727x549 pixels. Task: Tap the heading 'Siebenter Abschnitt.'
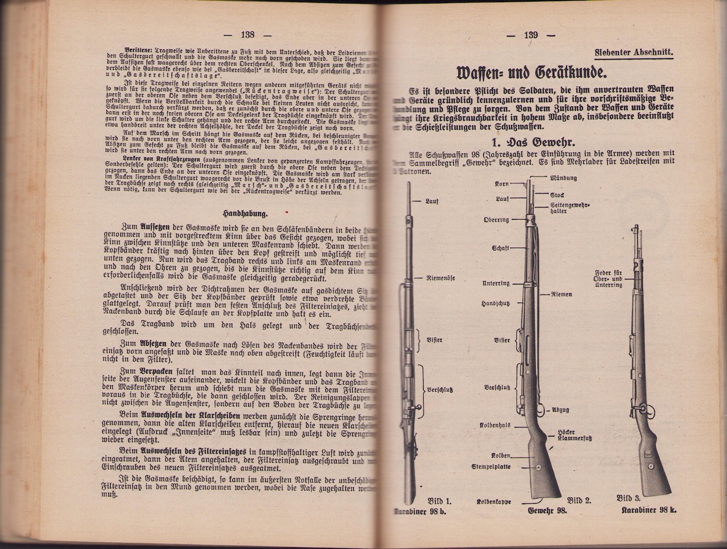point(633,53)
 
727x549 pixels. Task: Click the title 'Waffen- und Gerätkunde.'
point(532,74)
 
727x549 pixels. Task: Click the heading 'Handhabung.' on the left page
point(245,213)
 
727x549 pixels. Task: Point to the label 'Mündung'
point(563,178)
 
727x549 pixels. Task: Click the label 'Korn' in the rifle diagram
point(501,184)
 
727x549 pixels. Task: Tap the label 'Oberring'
point(496,220)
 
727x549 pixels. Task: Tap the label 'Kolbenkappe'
point(494,502)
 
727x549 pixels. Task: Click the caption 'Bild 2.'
point(579,500)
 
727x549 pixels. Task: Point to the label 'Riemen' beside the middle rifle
point(561,294)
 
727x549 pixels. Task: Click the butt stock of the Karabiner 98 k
point(653,466)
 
